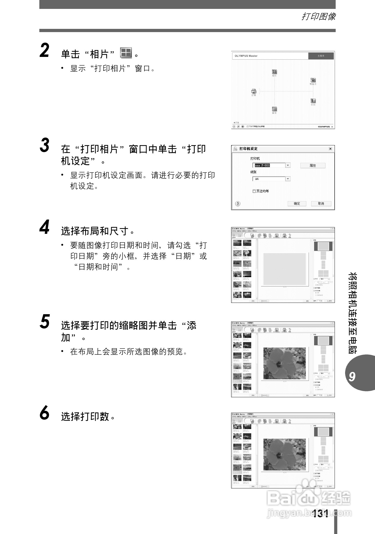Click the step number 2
[x=44, y=51]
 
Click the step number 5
[x=45, y=322]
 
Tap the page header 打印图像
[x=318, y=17]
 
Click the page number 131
[x=321, y=514]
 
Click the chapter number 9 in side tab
[x=352, y=376]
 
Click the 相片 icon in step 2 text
[x=126, y=53]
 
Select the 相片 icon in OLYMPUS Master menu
[x=274, y=72]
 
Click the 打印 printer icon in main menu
[x=254, y=91]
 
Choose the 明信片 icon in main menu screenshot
[x=313, y=80]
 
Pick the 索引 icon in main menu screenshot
[x=274, y=109]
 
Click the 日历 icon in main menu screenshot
[x=313, y=101]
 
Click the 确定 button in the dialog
[x=297, y=204]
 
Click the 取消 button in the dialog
[x=321, y=204]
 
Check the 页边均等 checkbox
[x=254, y=191]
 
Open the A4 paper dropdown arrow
[x=288, y=179]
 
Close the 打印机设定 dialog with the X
[x=330, y=149]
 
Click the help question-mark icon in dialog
[x=238, y=204]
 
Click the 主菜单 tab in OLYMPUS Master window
[x=321, y=56]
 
